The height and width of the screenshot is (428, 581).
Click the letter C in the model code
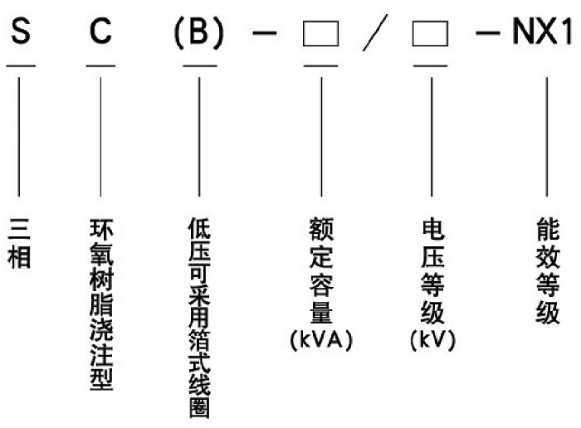[x=100, y=36]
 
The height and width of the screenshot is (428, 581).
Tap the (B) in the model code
[x=198, y=36]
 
